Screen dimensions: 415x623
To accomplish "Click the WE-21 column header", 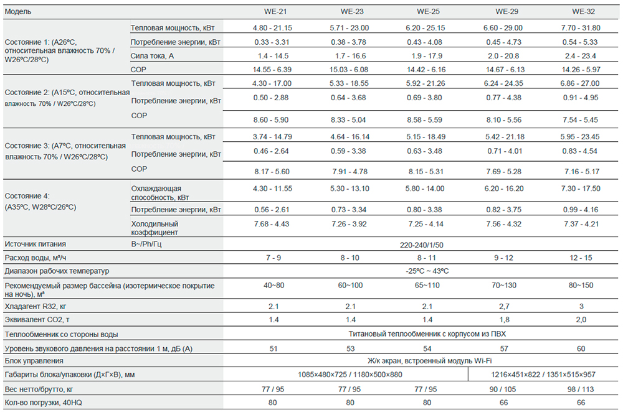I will [x=273, y=12].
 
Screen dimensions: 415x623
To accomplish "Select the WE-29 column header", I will [x=508, y=12].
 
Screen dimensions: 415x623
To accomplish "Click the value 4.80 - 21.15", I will [x=273, y=28].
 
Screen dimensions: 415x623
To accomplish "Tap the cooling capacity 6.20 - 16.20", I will [x=508, y=189].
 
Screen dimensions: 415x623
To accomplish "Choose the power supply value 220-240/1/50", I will [x=427, y=245].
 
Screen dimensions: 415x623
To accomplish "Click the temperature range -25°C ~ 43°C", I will [x=427, y=271].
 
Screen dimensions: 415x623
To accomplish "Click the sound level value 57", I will [x=508, y=348].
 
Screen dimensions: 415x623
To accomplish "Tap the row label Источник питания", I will [x=35, y=245].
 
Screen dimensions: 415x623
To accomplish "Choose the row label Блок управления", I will [x=34, y=361].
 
